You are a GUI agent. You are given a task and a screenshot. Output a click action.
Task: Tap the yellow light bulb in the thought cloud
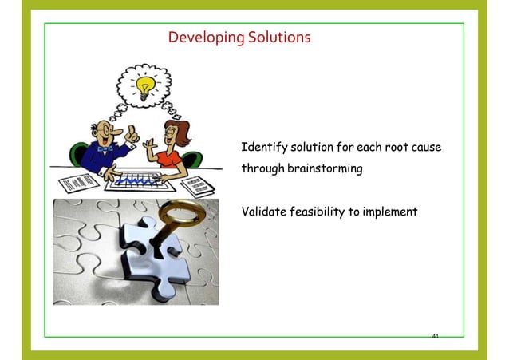pos(145,88)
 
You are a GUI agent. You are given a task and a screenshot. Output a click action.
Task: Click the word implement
pos(388,212)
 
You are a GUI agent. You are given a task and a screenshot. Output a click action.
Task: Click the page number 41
pos(435,336)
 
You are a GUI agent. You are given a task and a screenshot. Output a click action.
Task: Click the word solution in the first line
pos(312,148)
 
